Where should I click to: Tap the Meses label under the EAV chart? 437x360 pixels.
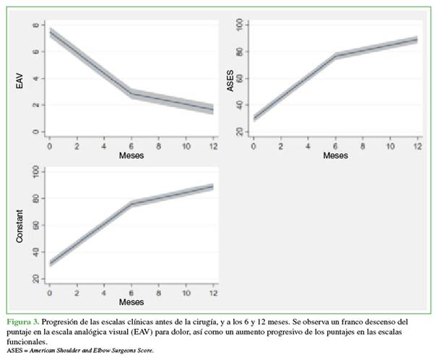coord(131,155)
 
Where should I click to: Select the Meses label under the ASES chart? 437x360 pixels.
coord(335,155)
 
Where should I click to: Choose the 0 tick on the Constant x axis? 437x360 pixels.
coord(49,292)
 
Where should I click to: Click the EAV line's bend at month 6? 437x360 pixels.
coord(131,93)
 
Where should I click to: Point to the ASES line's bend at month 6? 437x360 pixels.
coord(335,56)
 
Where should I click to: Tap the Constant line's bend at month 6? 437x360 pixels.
coord(131,204)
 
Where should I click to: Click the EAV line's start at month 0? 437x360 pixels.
coord(49,33)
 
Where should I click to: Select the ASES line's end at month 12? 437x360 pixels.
coord(417,39)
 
